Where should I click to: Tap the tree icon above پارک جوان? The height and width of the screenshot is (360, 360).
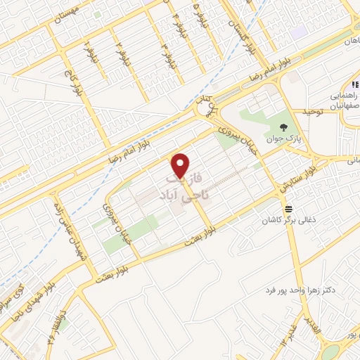283,127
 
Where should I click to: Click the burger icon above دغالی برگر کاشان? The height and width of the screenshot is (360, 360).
288,209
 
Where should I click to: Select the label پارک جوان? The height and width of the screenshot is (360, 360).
283,139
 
